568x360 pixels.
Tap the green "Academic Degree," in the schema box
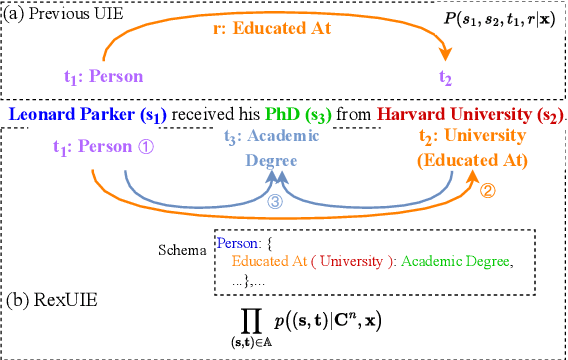[x=457, y=262]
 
